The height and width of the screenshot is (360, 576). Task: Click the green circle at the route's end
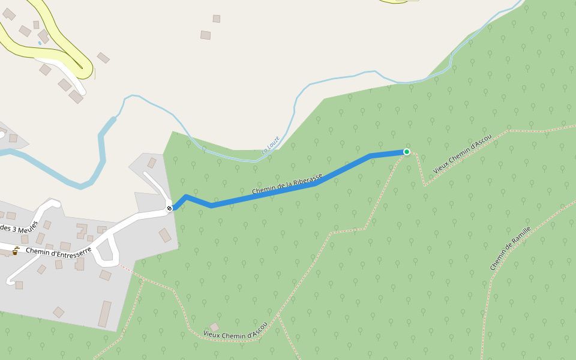tap(407, 152)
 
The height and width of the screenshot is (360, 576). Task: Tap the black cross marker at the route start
tap(169, 208)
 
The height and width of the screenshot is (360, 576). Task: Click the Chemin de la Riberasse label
tap(287, 184)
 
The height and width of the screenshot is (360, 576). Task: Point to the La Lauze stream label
tap(271, 146)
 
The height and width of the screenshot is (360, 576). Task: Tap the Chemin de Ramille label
tap(510, 248)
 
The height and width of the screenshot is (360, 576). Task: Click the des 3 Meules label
tap(19, 227)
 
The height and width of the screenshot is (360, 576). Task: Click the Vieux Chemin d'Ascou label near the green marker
tap(462, 154)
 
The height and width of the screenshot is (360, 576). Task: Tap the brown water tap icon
tap(16, 251)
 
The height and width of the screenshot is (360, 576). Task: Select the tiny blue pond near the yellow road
tap(40, 43)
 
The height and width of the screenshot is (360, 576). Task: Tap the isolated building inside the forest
tap(214, 327)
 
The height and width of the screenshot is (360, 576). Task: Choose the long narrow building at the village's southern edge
tap(105, 314)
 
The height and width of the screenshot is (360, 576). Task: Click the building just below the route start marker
tap(165, 235)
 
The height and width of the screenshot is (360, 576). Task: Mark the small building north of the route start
tap(152, 163)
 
